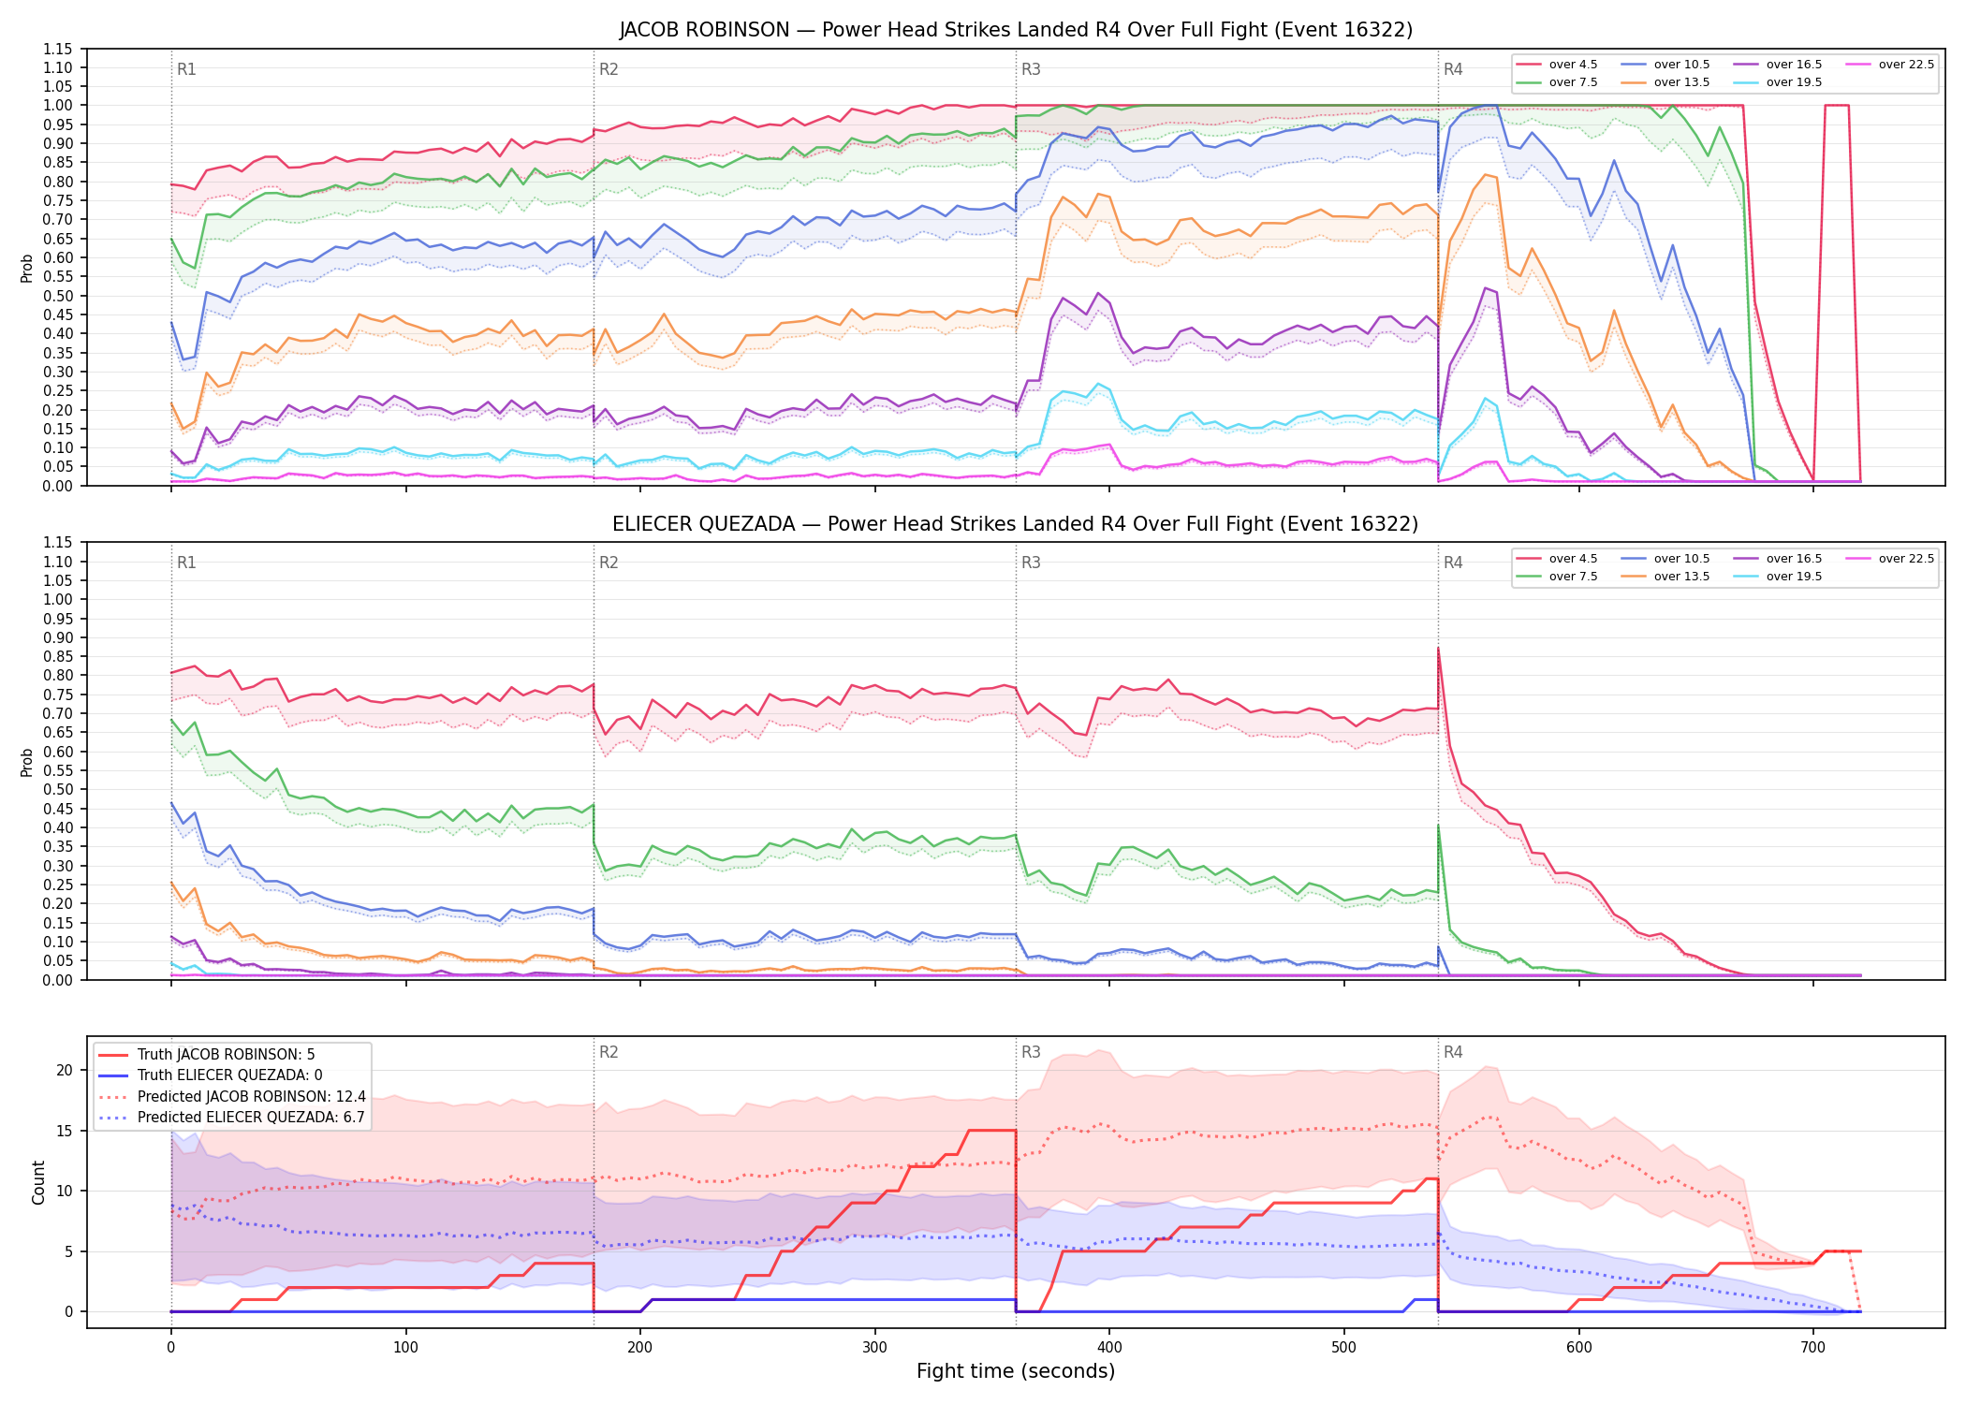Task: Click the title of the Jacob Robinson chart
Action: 1016,30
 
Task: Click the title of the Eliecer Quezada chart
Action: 1016,524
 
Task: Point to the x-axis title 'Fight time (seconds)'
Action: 1016,1371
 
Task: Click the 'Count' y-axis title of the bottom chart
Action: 38,1182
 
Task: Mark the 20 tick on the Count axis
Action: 65,1070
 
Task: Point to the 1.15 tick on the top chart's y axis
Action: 58,49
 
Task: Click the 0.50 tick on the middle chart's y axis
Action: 58,789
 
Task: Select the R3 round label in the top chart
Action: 1031,69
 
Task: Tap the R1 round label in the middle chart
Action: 186,563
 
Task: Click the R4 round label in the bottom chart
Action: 1453,1052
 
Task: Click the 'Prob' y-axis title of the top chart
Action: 27,268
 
